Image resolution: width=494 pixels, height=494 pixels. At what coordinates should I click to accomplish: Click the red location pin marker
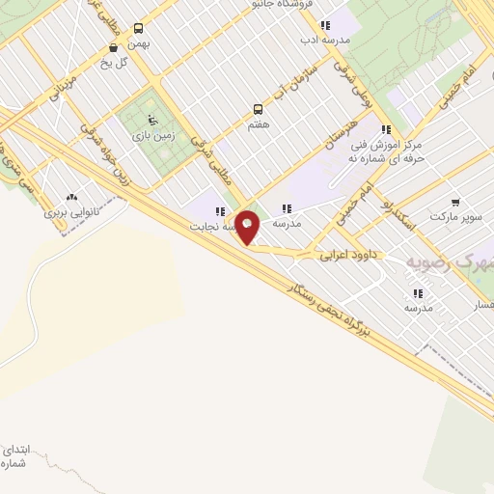coord(248,227)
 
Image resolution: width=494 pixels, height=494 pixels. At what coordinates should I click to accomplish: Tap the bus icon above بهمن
coord(138,29)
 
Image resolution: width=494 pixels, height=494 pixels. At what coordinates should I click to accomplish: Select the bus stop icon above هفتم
coord(258,109)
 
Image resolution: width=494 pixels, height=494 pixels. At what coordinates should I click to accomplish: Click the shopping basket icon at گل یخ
coord(114,47)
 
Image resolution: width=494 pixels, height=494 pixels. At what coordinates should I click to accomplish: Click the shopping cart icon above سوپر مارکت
coord(455,204)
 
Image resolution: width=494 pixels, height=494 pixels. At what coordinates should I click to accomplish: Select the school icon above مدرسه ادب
coord(325,25)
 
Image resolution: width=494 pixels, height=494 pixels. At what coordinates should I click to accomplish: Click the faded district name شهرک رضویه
coord(450,262)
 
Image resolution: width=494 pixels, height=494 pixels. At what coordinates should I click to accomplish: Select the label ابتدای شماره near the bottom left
coord(17,456)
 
